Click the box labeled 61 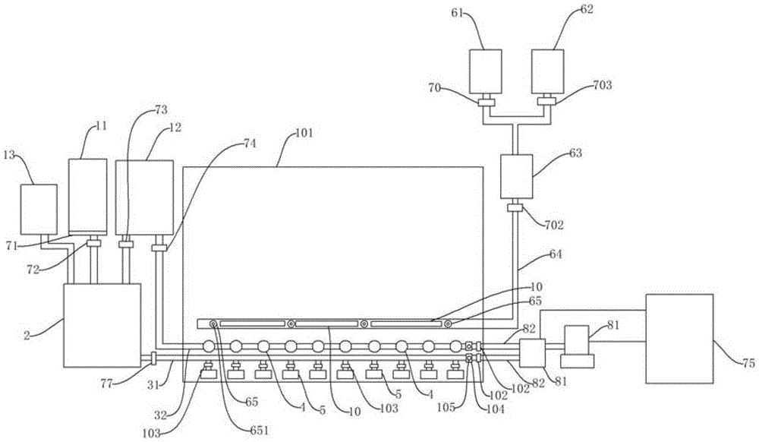coord(486,71)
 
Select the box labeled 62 coord(547,71)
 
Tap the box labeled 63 coord(516,177)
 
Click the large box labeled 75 coord(679,339)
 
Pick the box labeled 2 coord(102,325)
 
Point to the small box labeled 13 coord(38,209)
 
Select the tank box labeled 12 coord(144,197)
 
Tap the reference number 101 coord(304,133)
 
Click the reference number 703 coord(602,85)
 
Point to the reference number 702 coord(554,225)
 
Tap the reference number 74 coord(250,144)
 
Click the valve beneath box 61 coord(486,103)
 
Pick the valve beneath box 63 coord(516,208)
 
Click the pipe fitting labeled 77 coord(153,358)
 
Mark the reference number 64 coord(556,254)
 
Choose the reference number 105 coord(446,407)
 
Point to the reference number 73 coord(161,110)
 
